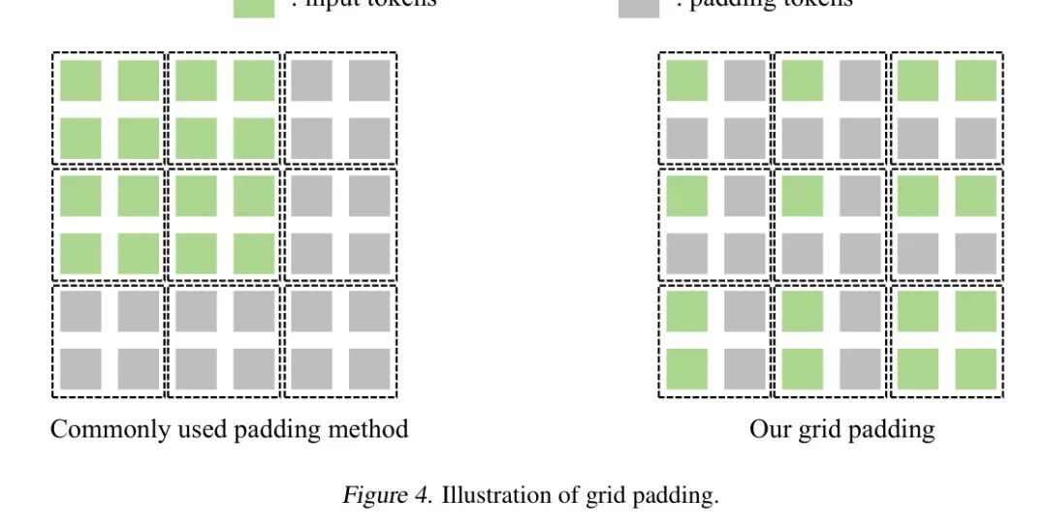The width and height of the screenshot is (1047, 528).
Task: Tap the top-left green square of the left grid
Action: pyautogui.click(x=80, y=80)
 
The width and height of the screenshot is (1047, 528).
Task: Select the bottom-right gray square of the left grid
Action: pyautogui.click(x=369, y=368)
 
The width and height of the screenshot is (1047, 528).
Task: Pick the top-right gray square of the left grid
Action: pyautogui.click(x=369, y=80)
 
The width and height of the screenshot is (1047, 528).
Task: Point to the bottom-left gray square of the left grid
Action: pyautogui.click(x=80, y=368)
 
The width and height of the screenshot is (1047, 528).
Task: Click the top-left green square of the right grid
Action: pyautogui.click(x=686, y=80)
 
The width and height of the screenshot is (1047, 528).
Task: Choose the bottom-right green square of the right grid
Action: pyautogui.click(x=975, y=368)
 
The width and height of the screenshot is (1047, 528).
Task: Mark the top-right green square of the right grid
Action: pyautogui.click(x=975, y=80)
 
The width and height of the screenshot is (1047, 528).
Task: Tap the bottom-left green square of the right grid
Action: pyautogui.click(x=686, y=368)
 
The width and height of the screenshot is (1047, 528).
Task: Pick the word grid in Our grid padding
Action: pyautogui.click(x=811, y=429)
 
